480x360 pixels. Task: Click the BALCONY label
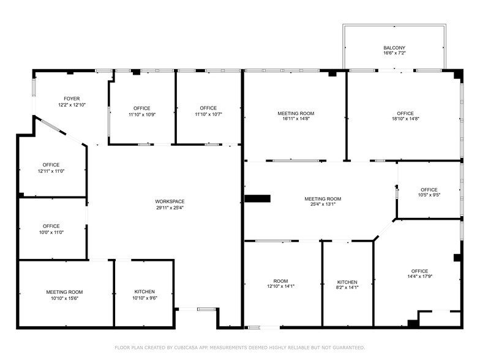[394, 48]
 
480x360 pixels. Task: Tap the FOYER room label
[72, 99]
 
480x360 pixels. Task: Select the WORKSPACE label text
[170, 201]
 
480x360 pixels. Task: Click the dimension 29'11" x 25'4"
[170, 208]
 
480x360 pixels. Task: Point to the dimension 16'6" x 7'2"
[394, 54]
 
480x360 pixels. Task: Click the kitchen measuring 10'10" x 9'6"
[144, 294]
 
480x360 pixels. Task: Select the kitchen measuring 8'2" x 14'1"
[347, 285]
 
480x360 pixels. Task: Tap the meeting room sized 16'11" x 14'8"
[296, 116]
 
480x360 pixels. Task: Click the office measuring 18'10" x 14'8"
[405, 116]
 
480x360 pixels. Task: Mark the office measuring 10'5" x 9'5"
[429, 192]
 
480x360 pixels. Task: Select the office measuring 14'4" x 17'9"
[419, 274]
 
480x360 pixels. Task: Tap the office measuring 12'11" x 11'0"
[51, 168]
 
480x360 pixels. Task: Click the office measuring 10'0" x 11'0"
[51, 229]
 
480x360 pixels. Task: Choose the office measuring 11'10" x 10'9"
[142, 111]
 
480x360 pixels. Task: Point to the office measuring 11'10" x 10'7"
[208, 111]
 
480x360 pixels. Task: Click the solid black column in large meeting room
[257, 198]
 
